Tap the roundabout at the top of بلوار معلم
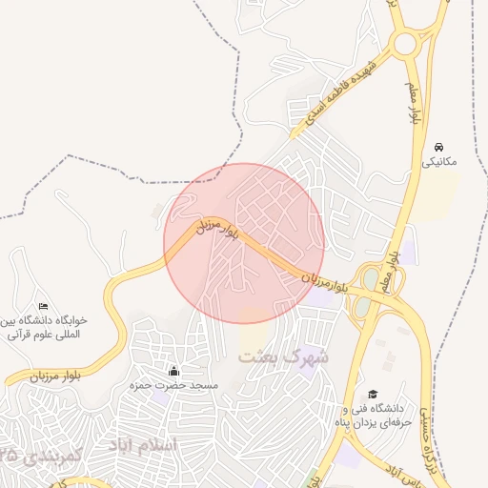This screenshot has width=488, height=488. coord(405,44)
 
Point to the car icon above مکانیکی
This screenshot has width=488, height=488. coord(438,147)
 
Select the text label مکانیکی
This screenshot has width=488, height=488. coord(439,162)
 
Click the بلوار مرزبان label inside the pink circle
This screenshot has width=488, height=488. coord(216,228)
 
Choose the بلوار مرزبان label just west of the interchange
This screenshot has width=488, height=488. coord(319,280)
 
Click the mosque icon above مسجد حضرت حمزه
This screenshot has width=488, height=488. coord(173,371)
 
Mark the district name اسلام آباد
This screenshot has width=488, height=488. coord(143,445)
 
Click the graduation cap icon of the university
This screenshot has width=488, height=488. coord(373,394)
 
